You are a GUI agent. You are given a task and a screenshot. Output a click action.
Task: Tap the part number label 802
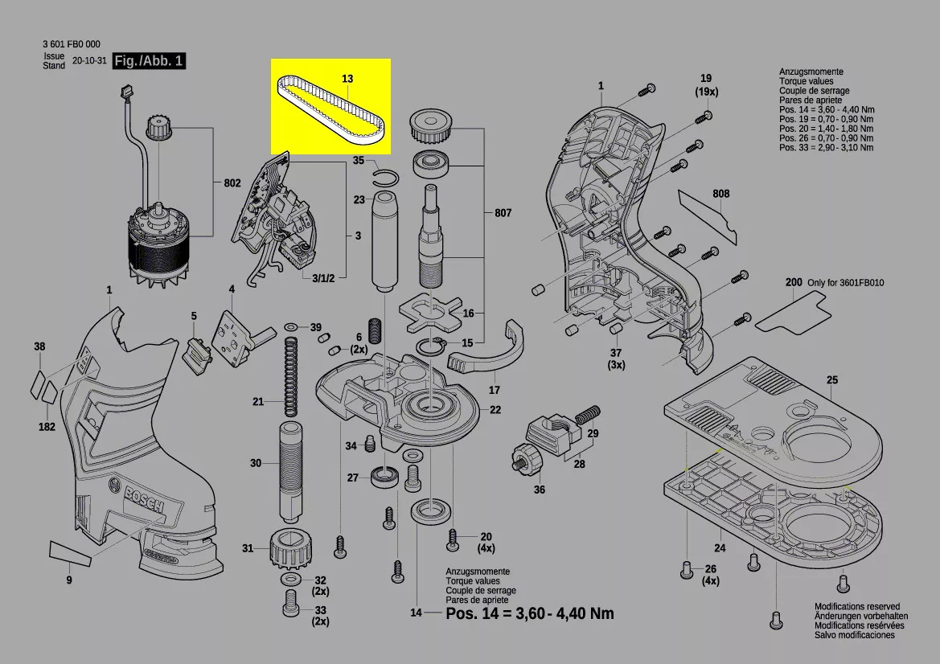(x=232, y=183)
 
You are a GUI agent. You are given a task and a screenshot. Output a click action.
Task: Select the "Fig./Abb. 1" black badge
(x=150, y=61)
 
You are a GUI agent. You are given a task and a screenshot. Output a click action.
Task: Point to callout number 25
(x=831, y=379)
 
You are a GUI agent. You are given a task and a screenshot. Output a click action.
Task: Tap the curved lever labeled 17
(x=482, y=354)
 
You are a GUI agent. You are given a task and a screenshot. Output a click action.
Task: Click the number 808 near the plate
(x=720, y=194)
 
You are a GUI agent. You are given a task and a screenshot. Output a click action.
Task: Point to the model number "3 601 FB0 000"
(x=72, y=44)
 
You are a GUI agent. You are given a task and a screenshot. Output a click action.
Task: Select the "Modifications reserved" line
(x=857, y=607)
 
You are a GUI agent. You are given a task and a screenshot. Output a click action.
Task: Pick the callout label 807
(x=503, y=213)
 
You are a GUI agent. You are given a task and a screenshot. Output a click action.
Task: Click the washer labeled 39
(x=290, y=327)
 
